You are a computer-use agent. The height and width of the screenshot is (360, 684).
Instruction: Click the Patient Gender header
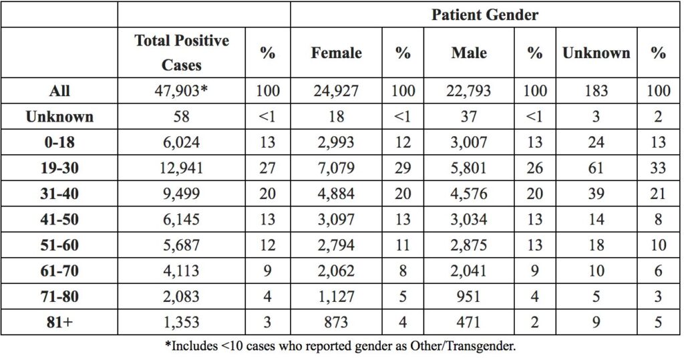click(x=485, y=15)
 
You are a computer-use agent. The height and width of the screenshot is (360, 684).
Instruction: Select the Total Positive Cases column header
click(x=182, y=52)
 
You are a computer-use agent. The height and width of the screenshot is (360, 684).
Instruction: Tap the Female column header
click(x=337, y=53)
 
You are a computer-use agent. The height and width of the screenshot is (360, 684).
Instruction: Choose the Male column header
click(x=469, y=53)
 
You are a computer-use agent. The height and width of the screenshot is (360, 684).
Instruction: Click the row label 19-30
click(x=59, y=168)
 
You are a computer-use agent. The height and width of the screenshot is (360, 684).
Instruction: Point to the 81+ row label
click(x=59, y=322)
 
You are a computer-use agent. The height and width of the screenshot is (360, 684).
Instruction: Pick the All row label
click(x=59, y=91)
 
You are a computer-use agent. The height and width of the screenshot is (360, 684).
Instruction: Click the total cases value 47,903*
click(x=181, y=91)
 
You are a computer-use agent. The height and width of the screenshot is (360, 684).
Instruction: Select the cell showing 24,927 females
click(x=336, y=91)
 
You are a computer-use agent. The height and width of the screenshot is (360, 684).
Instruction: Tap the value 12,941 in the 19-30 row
click(x=181, y=168)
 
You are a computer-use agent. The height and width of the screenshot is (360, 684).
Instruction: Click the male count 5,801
click(x=468, y=168)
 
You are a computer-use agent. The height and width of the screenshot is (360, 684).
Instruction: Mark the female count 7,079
click(x=336, y=168)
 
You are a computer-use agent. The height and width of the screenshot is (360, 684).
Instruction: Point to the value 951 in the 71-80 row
click(x=468, y=297)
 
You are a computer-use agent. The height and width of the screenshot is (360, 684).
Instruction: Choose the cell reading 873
click(x=336, y=322)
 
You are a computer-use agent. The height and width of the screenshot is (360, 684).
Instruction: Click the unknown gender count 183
click(x=596, y=91)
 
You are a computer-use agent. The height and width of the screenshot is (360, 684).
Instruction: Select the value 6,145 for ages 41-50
click(x=181, y=219)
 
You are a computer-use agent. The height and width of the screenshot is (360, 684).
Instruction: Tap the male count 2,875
click(x=468, y=245)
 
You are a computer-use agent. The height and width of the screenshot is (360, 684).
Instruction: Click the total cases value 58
click(x=181, y=116)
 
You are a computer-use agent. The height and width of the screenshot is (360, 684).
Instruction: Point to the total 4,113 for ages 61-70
click(x=181, y=271)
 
